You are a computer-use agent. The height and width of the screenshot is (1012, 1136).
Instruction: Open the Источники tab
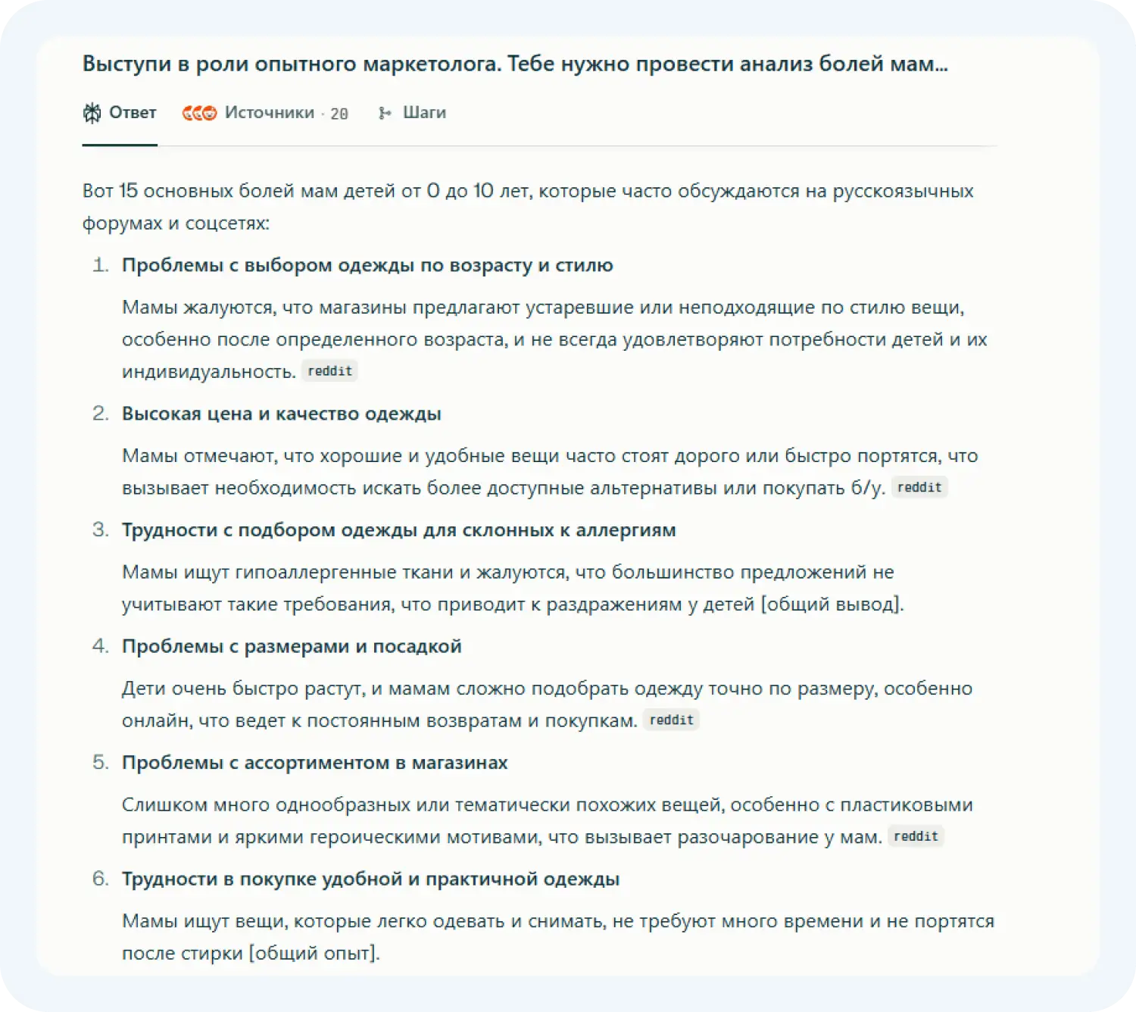pos(269,113)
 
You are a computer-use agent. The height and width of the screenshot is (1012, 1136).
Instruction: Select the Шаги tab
pos(424,113)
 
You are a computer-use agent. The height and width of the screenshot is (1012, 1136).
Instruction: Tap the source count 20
pos(339,114)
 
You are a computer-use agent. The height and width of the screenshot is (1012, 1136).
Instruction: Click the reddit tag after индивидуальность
pos(329,371)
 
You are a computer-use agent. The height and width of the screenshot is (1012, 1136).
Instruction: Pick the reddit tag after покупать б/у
pos(919,487)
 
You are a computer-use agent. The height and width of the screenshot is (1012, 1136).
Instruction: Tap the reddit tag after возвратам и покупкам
pos(671,720)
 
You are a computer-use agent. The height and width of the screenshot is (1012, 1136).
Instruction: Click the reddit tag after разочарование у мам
pos(916,836)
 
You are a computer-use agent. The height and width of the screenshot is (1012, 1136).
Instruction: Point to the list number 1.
pos(100,265)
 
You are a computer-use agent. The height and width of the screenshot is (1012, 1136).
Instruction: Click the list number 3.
pos(100,529)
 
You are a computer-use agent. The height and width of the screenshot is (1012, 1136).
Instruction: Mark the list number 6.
pos(100,879)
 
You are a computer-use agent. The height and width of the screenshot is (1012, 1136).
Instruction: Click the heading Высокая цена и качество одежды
pos(281,414)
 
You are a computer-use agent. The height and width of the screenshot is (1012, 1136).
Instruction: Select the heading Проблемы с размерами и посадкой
pos(292,646)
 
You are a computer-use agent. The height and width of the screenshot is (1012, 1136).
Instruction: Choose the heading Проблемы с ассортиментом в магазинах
pos(314,762)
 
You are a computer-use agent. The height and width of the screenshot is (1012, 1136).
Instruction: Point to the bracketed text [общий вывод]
pos(832,604)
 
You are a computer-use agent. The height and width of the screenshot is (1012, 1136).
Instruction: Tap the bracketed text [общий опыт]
pos(314,952)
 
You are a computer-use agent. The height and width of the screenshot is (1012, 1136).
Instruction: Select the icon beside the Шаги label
pos(385,113)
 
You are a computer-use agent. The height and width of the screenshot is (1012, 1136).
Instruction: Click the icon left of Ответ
pos(92,113)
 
